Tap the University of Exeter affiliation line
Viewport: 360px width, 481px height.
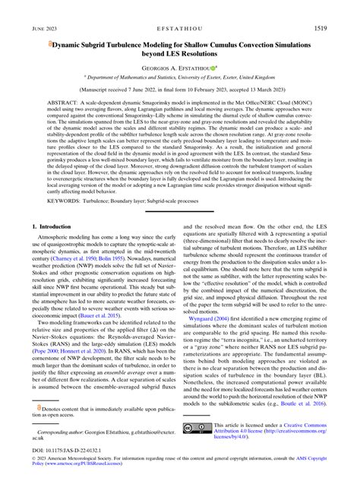[x=179, y=78]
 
